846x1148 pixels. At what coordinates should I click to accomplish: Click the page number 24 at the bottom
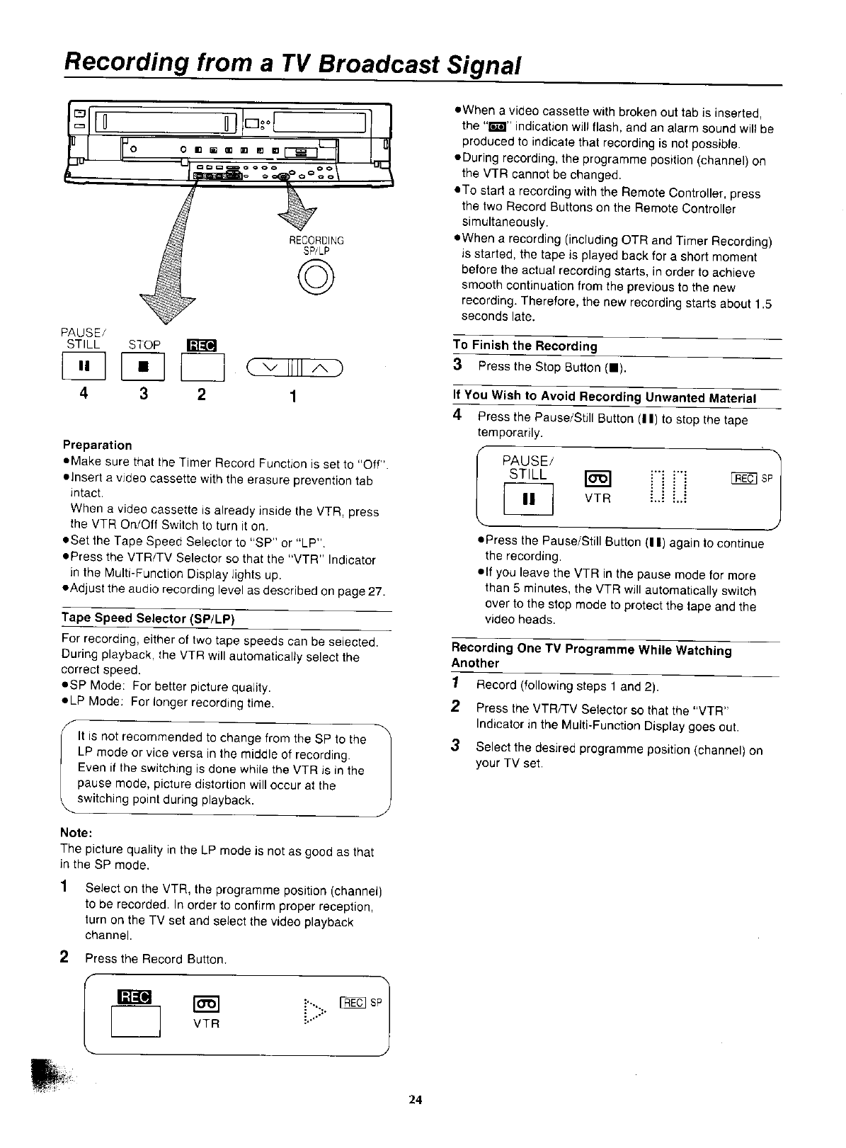[x=415, y=1100]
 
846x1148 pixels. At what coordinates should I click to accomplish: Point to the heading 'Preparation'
[x=97, y=445]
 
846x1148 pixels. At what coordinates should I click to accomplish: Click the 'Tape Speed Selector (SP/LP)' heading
[x=148, y=618]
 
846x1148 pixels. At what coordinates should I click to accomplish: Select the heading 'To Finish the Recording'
[x=525, y=346]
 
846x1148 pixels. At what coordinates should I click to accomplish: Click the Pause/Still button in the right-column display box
[x=528, y=500]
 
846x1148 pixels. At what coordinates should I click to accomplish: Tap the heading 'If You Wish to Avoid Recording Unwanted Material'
[x=605, y=397]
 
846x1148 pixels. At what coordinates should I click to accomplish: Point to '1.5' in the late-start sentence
[x=762, y=303]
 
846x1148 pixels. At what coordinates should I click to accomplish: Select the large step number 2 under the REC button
[x=202, y=393]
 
